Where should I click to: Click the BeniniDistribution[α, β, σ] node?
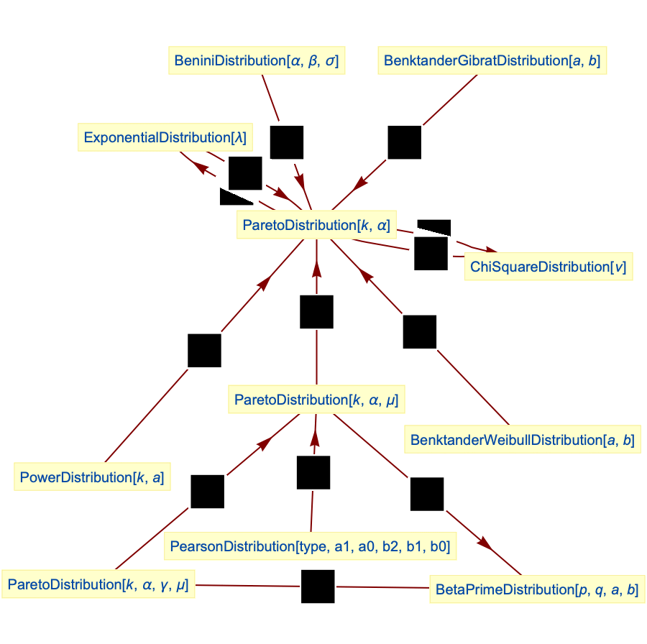(256, 60)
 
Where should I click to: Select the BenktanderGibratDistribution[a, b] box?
(492, 60)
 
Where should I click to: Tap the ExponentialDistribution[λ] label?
(165, 137)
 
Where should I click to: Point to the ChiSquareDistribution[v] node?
(548, 267)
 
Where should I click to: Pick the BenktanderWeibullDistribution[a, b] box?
(523, 440)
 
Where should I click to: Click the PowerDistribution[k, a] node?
(91, 477)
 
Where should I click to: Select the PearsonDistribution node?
(310, 546)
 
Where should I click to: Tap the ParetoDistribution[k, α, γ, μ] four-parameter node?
(98, 585)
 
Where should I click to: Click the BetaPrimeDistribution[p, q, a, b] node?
(536, 589)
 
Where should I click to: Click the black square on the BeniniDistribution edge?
(287, 142)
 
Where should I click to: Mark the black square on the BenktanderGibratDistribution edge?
(404, 142)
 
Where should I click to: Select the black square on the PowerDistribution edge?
(204, 350)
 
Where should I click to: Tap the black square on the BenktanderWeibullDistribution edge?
(420, 331)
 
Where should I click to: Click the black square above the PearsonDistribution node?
(313, 472)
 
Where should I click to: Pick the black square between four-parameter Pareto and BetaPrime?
(318, 586)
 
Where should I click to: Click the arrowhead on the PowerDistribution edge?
(265, 282)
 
